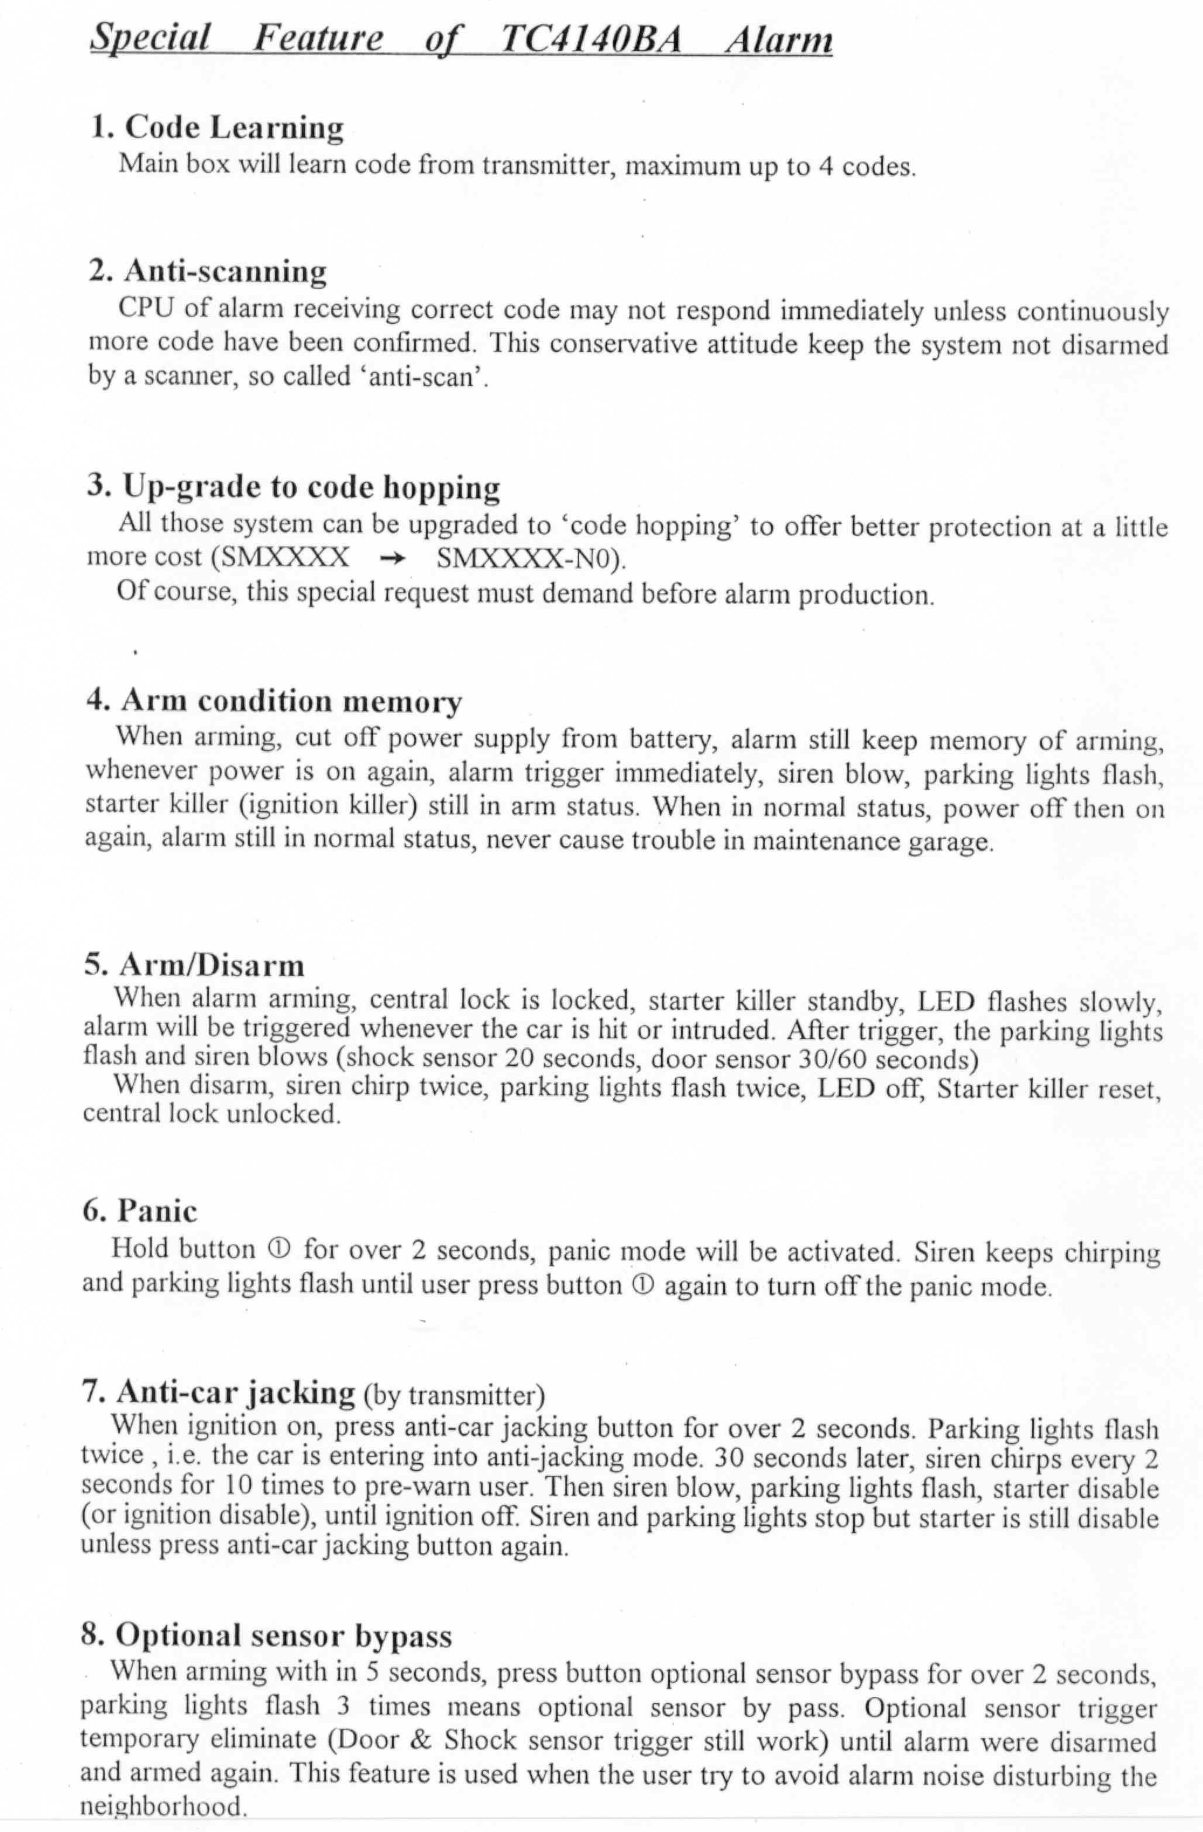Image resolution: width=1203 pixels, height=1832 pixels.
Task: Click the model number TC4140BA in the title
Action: pyautogui.click(x=590, y=39)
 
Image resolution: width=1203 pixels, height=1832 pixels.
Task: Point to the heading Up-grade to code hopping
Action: pyautogui.click(x=293, y=487)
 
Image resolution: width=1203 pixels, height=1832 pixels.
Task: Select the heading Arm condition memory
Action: pyautogui.click(x=274, y=702)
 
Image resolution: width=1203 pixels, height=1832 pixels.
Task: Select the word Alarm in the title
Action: pyautogui.click(x=778, y=39)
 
